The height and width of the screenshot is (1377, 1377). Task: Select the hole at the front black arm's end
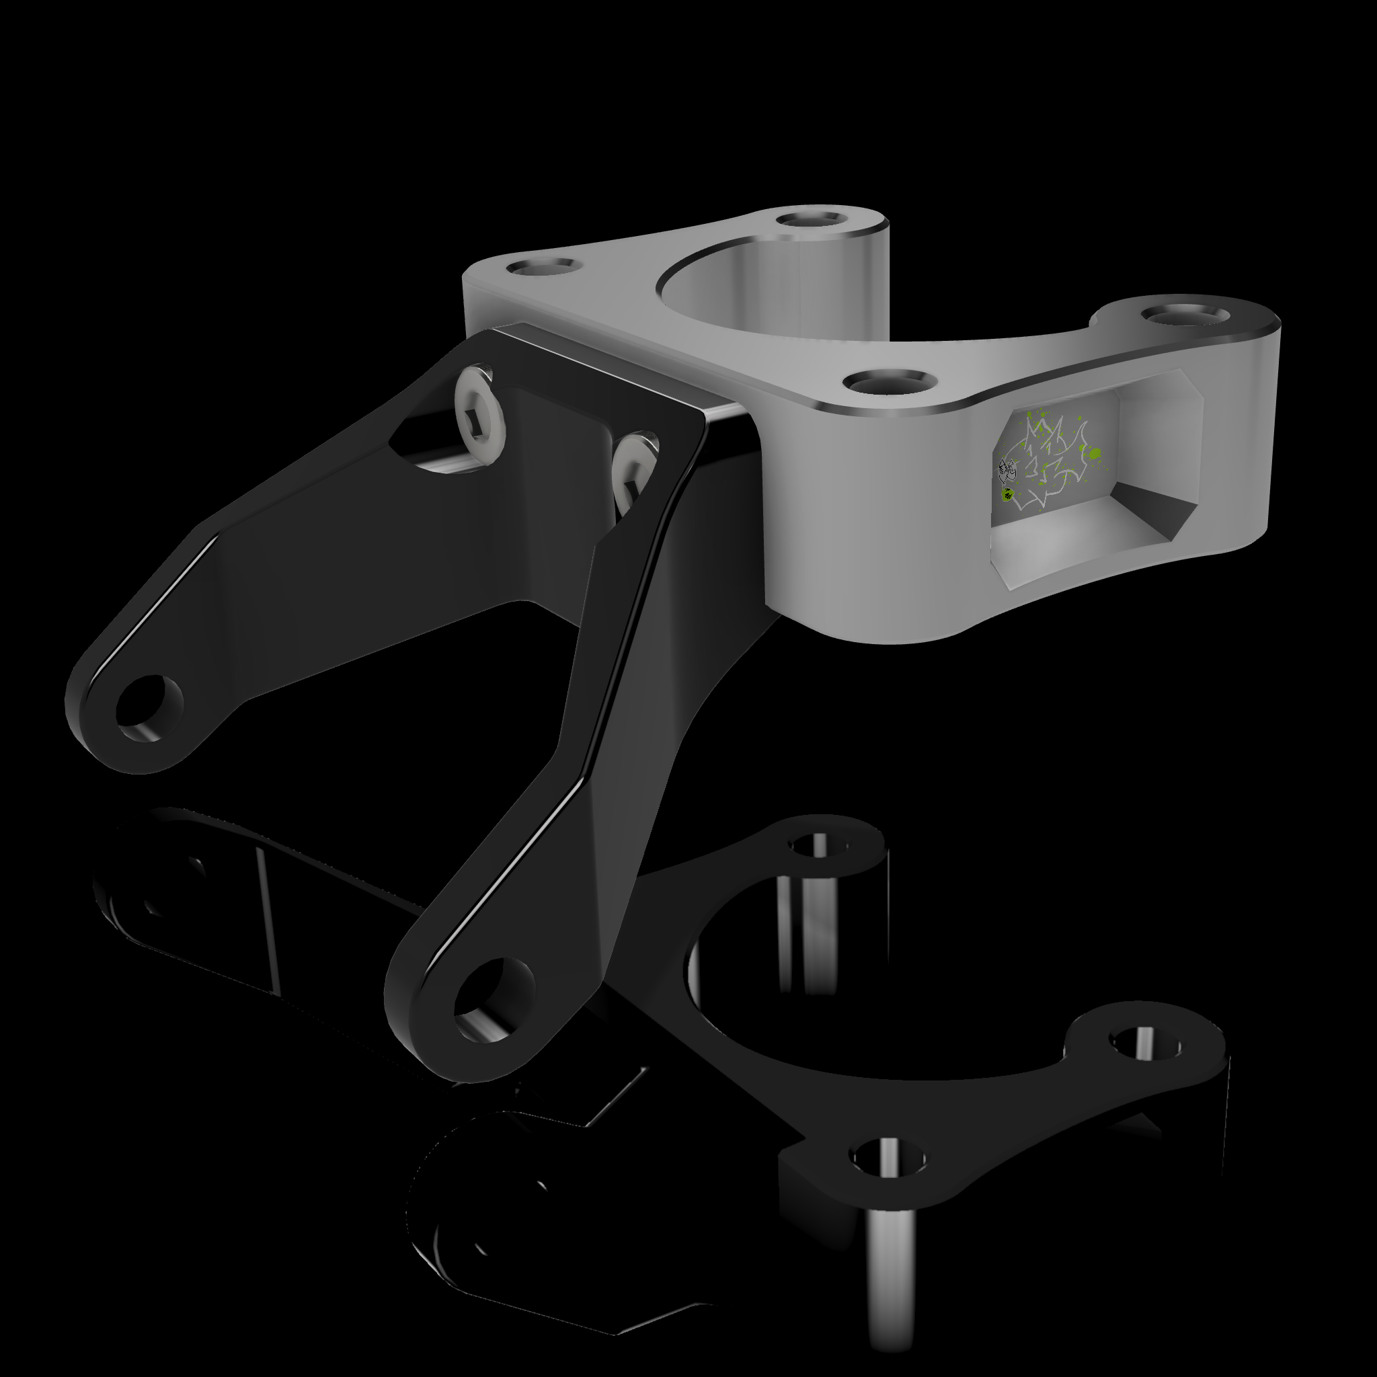pyautogui.click(x=494, y=998)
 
